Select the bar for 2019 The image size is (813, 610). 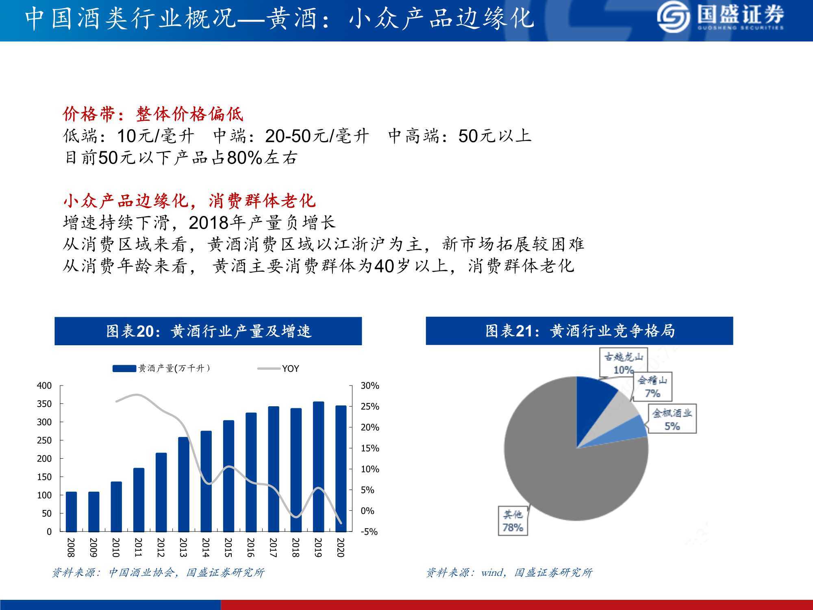[318, 466]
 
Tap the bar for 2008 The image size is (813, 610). [71, 512]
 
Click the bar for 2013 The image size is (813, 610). [183, 484]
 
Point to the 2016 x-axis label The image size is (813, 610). [251, 547]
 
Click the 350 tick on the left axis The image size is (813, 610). [44, 404]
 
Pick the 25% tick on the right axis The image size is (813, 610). [370, 406]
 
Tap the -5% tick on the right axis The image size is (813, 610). [369, 532]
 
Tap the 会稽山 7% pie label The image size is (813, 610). [652, 387]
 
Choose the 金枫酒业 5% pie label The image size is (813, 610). [672, 419]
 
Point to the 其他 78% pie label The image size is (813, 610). [513, 521]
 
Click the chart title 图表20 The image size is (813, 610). [208, 331]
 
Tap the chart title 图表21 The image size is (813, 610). [579, 331]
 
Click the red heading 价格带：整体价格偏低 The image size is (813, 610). [153, 114]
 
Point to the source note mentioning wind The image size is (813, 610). [509, 573]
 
